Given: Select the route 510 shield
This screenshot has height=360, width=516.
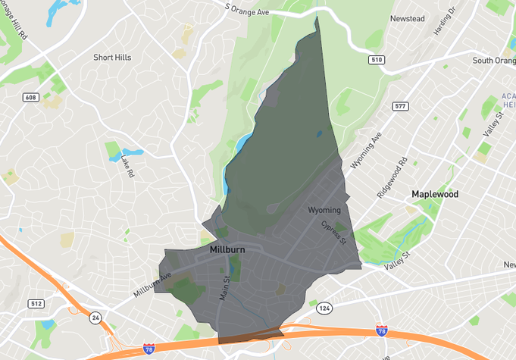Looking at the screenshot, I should point(377,59).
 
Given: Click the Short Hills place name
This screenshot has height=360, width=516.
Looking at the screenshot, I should point(112,58).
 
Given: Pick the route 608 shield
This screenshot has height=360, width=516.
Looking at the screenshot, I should point(30,97).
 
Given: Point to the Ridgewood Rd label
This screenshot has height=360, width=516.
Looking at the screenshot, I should point(392,177).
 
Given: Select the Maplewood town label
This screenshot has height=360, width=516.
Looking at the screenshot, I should point(435,194).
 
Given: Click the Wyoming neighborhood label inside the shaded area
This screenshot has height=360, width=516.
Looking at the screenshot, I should point(324,210).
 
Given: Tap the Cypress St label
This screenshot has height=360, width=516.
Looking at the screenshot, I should point(333,233).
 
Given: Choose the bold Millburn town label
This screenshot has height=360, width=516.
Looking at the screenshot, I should point(227,249).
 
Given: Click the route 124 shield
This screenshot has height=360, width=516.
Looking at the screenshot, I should point(324,308).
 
